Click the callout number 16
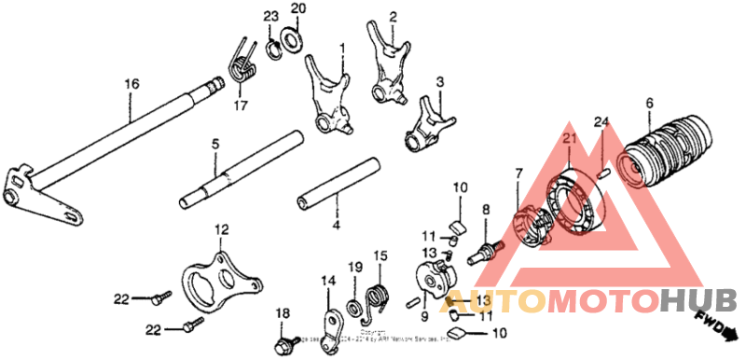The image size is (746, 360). point(132,84)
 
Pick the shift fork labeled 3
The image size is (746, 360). point(428,124)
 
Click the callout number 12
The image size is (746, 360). point(220,228)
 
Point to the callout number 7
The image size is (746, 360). point(518,173)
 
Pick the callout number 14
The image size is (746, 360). point(328,280)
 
